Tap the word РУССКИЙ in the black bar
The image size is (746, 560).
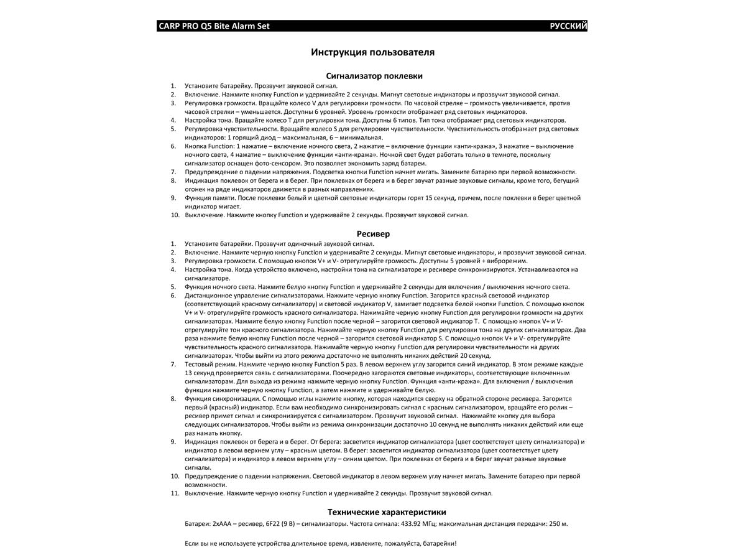[x=568, y=26]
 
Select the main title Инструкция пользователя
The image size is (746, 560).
[x=372, y=52]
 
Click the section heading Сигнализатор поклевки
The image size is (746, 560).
[x=374, y=76]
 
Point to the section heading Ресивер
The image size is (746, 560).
[x=374, y=234]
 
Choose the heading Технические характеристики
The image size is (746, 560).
[x=387, y=512]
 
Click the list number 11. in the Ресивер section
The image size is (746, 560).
[x=175, y=493]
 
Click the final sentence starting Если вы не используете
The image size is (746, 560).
[x=321, y=543]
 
